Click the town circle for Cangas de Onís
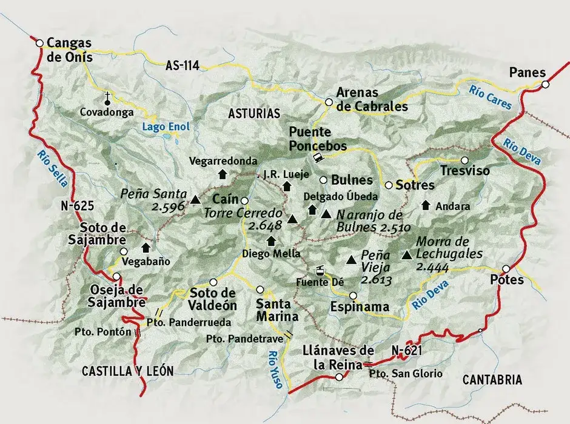[x=39, y=43]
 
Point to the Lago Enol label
[x=166, y=127]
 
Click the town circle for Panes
[x=546, y=85]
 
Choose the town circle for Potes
[x=506, y=269]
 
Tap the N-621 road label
[x=406, y=349]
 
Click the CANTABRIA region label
[x=492, y=380]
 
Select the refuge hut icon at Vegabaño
[x=146, y=247]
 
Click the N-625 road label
[x=76, y=205]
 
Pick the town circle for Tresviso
[x=464, y=161]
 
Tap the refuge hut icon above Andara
[x=426, y=204]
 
